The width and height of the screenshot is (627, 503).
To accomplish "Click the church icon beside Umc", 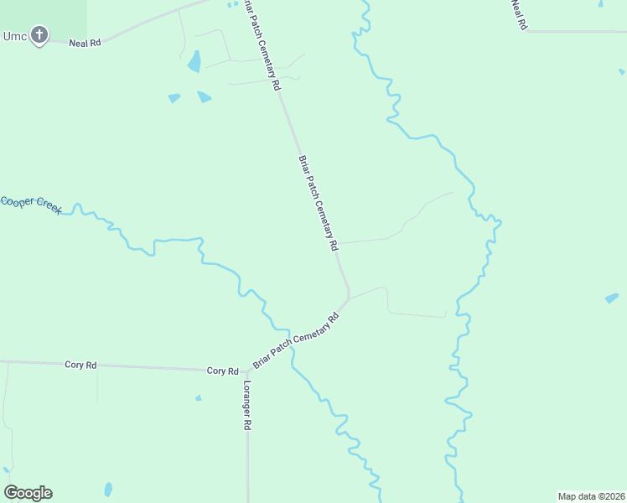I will pos(39,35).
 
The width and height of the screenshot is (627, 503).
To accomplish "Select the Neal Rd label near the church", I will pos(85,42).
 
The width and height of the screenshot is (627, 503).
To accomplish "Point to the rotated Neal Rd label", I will pos(519,15).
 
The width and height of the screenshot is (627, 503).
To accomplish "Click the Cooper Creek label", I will pos(30,204).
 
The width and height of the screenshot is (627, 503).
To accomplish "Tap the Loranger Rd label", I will pos(247,406).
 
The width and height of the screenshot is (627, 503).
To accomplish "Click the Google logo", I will pos(28,493).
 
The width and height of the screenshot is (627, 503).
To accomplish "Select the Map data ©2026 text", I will pos(591,496).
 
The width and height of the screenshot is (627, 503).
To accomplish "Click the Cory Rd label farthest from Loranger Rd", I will pos(81,365).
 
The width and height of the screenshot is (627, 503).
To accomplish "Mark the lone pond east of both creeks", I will pos(612,298).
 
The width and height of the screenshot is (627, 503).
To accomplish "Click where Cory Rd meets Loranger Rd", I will pos(247,371).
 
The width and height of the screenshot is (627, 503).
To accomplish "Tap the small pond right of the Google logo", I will pos(108,489).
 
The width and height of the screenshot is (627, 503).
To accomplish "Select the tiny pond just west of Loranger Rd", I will pos(198,397).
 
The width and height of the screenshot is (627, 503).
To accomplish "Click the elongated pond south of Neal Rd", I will pos(194,61).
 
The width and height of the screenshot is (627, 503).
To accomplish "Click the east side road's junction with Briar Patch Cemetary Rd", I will pos(337,244).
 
